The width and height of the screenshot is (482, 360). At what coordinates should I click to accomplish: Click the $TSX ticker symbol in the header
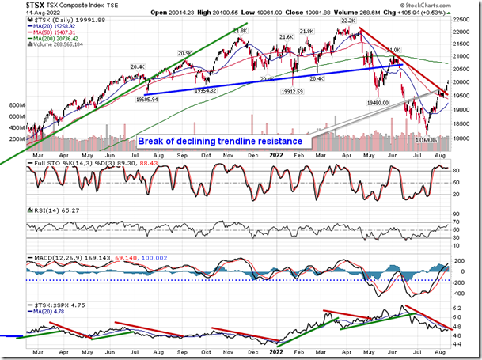click(16, 5)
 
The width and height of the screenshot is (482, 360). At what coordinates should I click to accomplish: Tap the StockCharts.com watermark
click(445, 5)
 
